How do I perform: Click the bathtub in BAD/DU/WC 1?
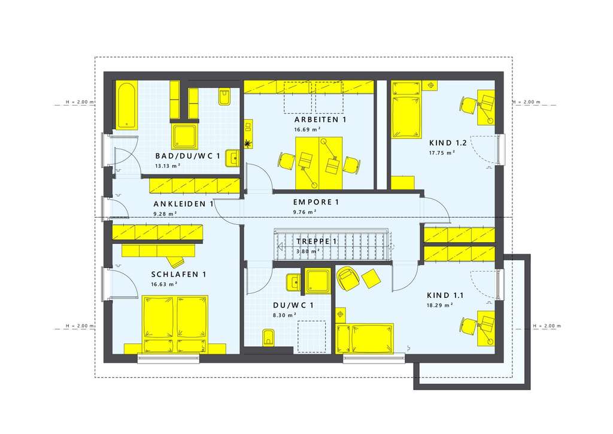126,105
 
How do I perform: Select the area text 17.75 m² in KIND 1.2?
442,153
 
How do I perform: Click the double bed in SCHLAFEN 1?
175,324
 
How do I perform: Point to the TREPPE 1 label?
317,242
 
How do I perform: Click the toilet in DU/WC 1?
268,337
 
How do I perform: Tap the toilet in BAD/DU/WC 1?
224,97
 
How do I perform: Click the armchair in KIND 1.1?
347,278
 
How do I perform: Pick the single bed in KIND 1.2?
406,109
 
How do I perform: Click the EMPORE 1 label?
315,202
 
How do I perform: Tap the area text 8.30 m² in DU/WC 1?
285,315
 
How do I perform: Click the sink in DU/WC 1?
293,282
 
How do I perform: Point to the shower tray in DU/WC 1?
318,281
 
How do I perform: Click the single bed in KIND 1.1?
365,339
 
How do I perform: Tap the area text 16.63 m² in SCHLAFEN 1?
163,284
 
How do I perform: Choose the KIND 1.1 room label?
445,295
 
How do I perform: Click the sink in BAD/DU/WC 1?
232,158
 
